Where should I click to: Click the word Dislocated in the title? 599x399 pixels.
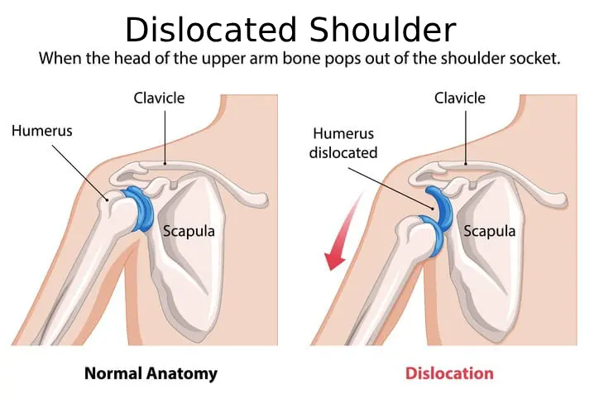coord(212,31)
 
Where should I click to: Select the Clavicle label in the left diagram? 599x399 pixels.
coord(160,99)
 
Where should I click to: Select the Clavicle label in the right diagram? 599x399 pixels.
coord(461,99)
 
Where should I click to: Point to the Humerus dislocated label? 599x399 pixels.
coord(343,143)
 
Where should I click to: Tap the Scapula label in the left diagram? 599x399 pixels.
coord(188,231)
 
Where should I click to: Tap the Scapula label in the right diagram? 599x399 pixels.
coord(489,231)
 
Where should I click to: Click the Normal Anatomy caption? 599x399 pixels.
coord(151,373)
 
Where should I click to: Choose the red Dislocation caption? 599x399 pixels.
coord(449,373)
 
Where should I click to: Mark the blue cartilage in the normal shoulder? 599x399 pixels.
coord(137,210)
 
